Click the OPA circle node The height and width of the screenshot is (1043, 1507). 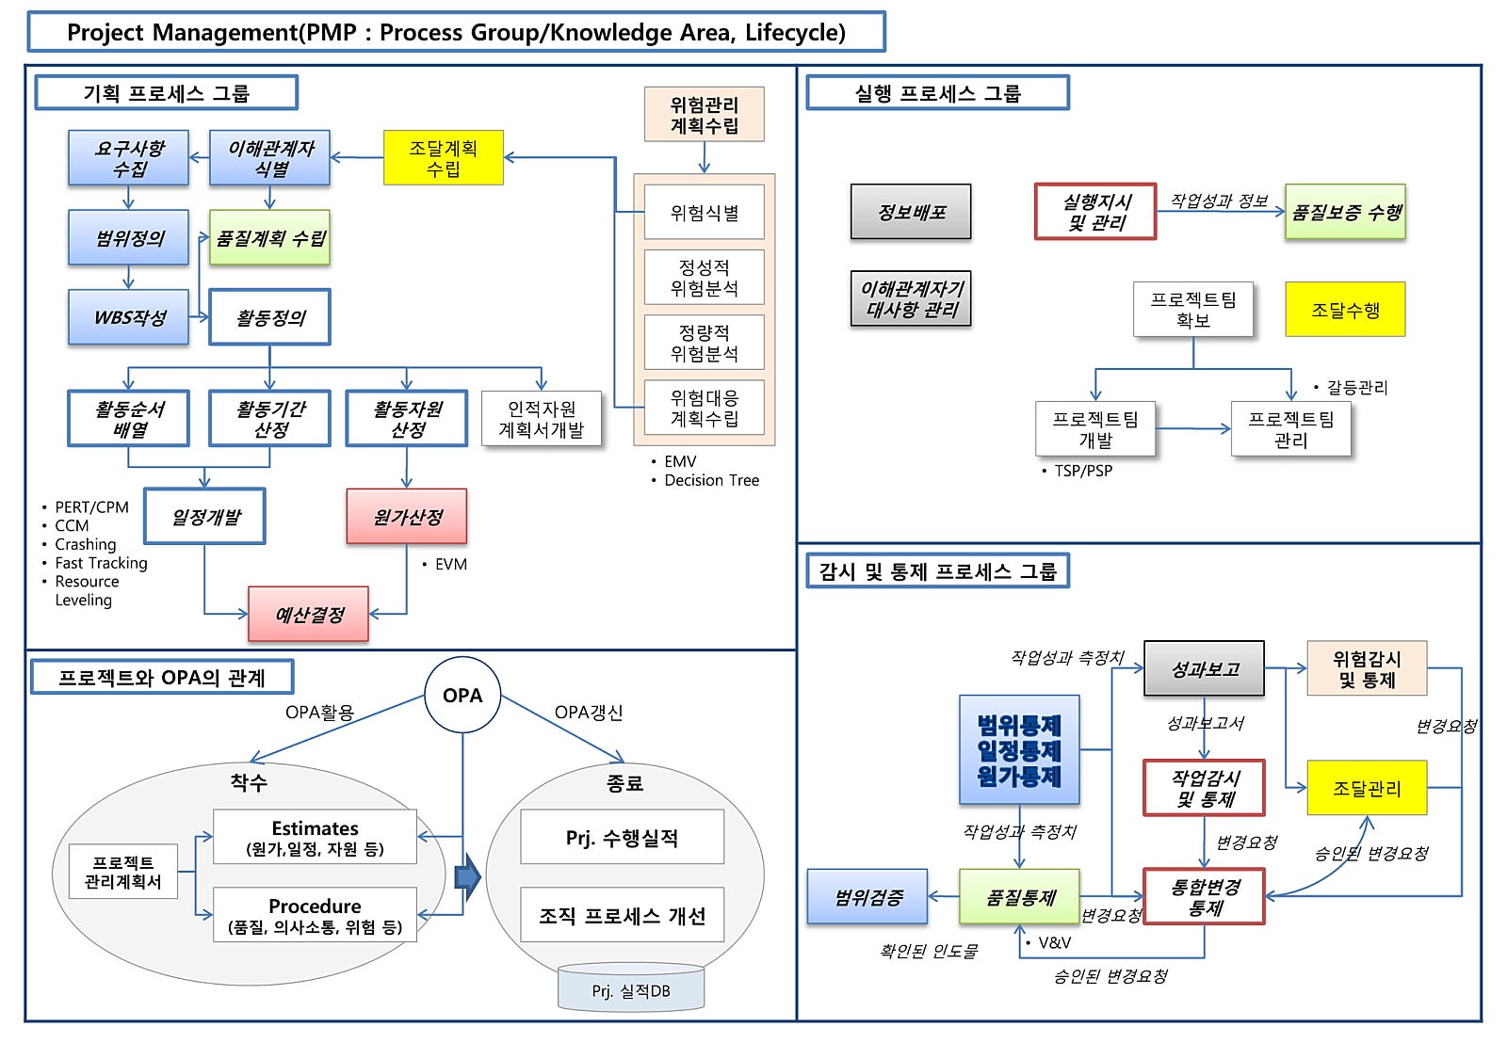(462, 696)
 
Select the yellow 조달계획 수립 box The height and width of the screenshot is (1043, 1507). (443, 158)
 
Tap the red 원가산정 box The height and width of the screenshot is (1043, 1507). (407, 517)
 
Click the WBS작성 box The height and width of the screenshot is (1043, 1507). (129, 317)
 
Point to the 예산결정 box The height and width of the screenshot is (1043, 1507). (309, 615)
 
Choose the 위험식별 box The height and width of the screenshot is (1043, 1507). (704, 213)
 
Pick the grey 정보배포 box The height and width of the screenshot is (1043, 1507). (911, 212)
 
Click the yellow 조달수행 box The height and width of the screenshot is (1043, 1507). (1345, 310)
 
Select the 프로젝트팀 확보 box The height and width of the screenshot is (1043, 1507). (1192, 310)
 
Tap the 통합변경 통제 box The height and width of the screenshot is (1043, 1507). (1204, 897)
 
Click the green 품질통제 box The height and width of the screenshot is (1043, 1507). (1019, 897)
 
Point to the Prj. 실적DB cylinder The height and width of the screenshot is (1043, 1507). (630, 989)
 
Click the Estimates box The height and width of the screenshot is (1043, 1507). (315, 837)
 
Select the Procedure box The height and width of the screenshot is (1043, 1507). (315, 915)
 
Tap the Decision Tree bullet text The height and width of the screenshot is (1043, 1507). (711, 480)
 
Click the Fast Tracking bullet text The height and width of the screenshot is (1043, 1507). (101, 563)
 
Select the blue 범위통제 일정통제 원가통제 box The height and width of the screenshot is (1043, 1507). (1019, 750)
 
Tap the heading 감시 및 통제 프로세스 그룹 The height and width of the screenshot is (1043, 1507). (937, 571)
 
